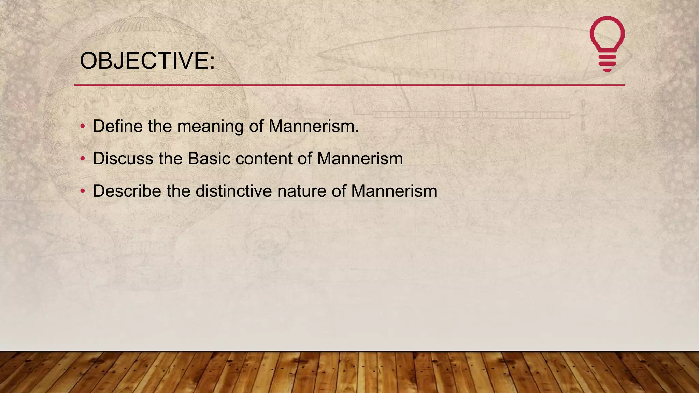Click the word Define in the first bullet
(x=118, y=126)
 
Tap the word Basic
(x=209, y=159)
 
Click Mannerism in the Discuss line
(x=360, y=159)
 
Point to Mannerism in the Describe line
(x=394, y=191)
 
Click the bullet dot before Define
(x=82, y=127)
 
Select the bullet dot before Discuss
(x=82, y=159)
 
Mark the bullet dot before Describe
(x=82, y=191)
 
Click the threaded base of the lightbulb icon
(x=607, y=63)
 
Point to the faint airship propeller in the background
(x=583, y=115)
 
